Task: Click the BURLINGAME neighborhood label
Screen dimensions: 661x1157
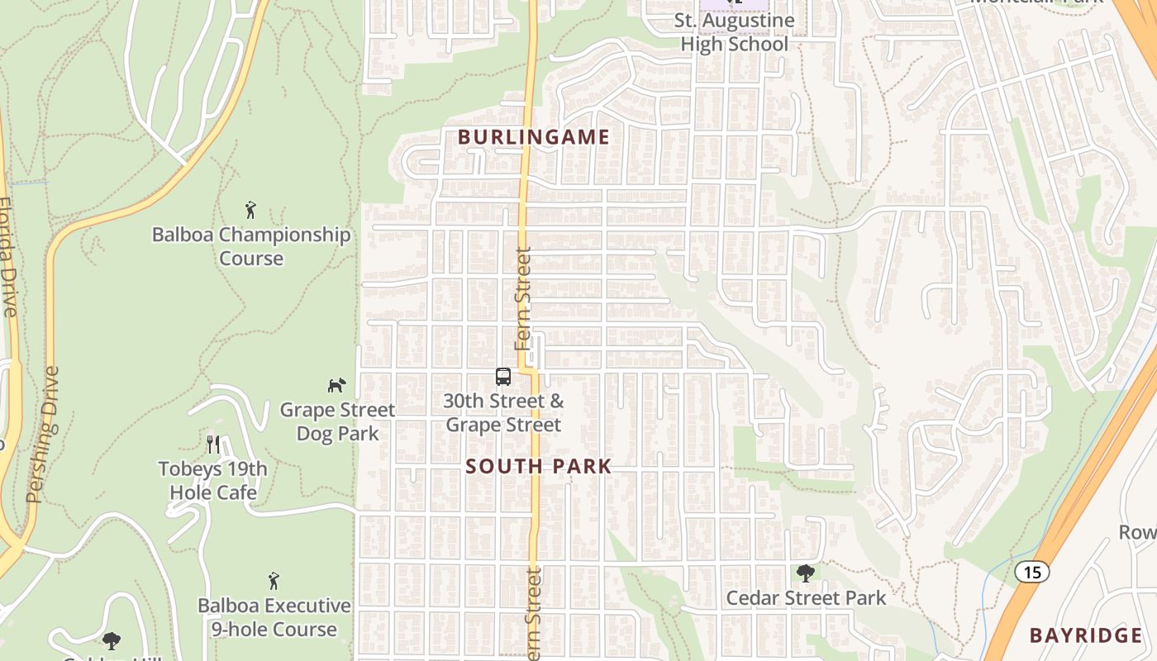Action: pos(534,137)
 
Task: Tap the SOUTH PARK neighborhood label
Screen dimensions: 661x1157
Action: pos(538,466)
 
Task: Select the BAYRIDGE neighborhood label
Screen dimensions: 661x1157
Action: pos(1086,635)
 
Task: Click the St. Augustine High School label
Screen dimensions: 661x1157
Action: pos(734,32)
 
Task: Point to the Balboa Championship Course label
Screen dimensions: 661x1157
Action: pos(251,246)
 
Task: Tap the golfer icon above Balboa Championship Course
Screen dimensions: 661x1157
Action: pos(250,210)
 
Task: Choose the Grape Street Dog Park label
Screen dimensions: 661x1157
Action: pos(337,421)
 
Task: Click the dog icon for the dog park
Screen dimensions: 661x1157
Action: pos(336,385)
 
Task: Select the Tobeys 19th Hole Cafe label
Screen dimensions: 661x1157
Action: pos(213,481)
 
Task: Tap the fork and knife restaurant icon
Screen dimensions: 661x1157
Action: pos(213,445)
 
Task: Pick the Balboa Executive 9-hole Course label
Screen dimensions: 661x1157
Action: pos(274,617)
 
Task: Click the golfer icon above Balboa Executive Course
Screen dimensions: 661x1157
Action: pos(274,581)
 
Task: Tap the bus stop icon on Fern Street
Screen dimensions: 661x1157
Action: pos(502,377)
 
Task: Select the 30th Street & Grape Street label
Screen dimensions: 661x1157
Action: pos(503,413)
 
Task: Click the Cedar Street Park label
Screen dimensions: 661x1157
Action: pos(806,597)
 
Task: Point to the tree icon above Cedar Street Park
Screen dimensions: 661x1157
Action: pos(806,573)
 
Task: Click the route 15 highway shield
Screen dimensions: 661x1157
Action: pos(1031,571)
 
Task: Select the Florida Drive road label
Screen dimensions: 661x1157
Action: pos(8,256)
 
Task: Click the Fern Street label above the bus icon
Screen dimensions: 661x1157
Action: pos(523,298)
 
